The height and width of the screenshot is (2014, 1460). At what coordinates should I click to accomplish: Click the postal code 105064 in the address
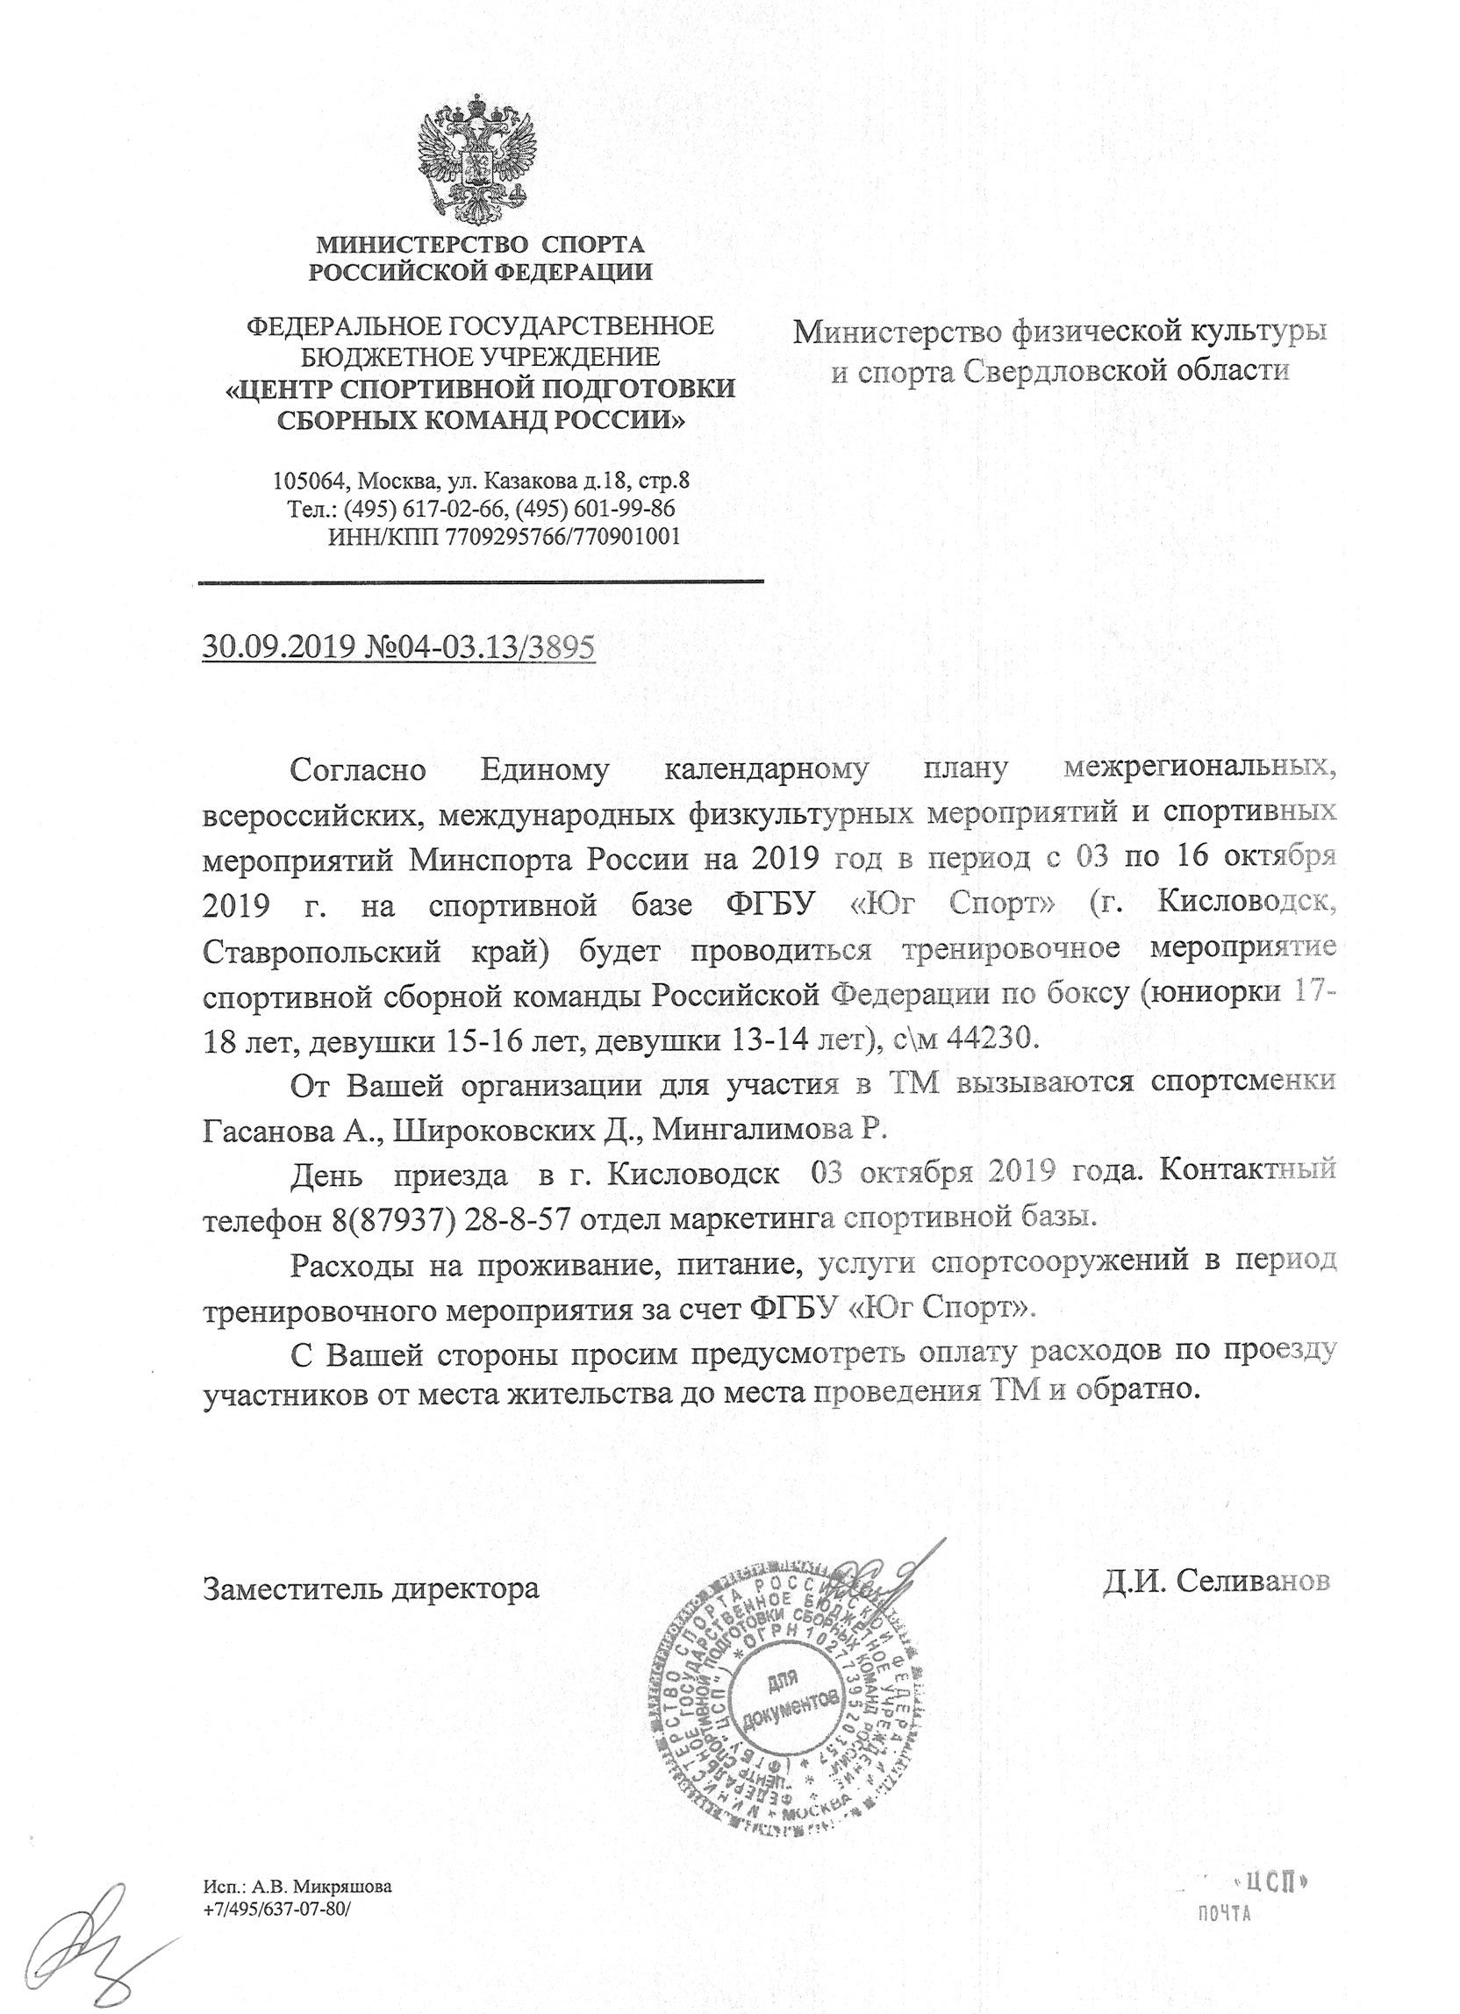tap(308, 482)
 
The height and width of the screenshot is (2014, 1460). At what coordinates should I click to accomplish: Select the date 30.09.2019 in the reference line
tap(280, 646)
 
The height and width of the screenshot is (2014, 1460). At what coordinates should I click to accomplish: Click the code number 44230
tap(993, 1037)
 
